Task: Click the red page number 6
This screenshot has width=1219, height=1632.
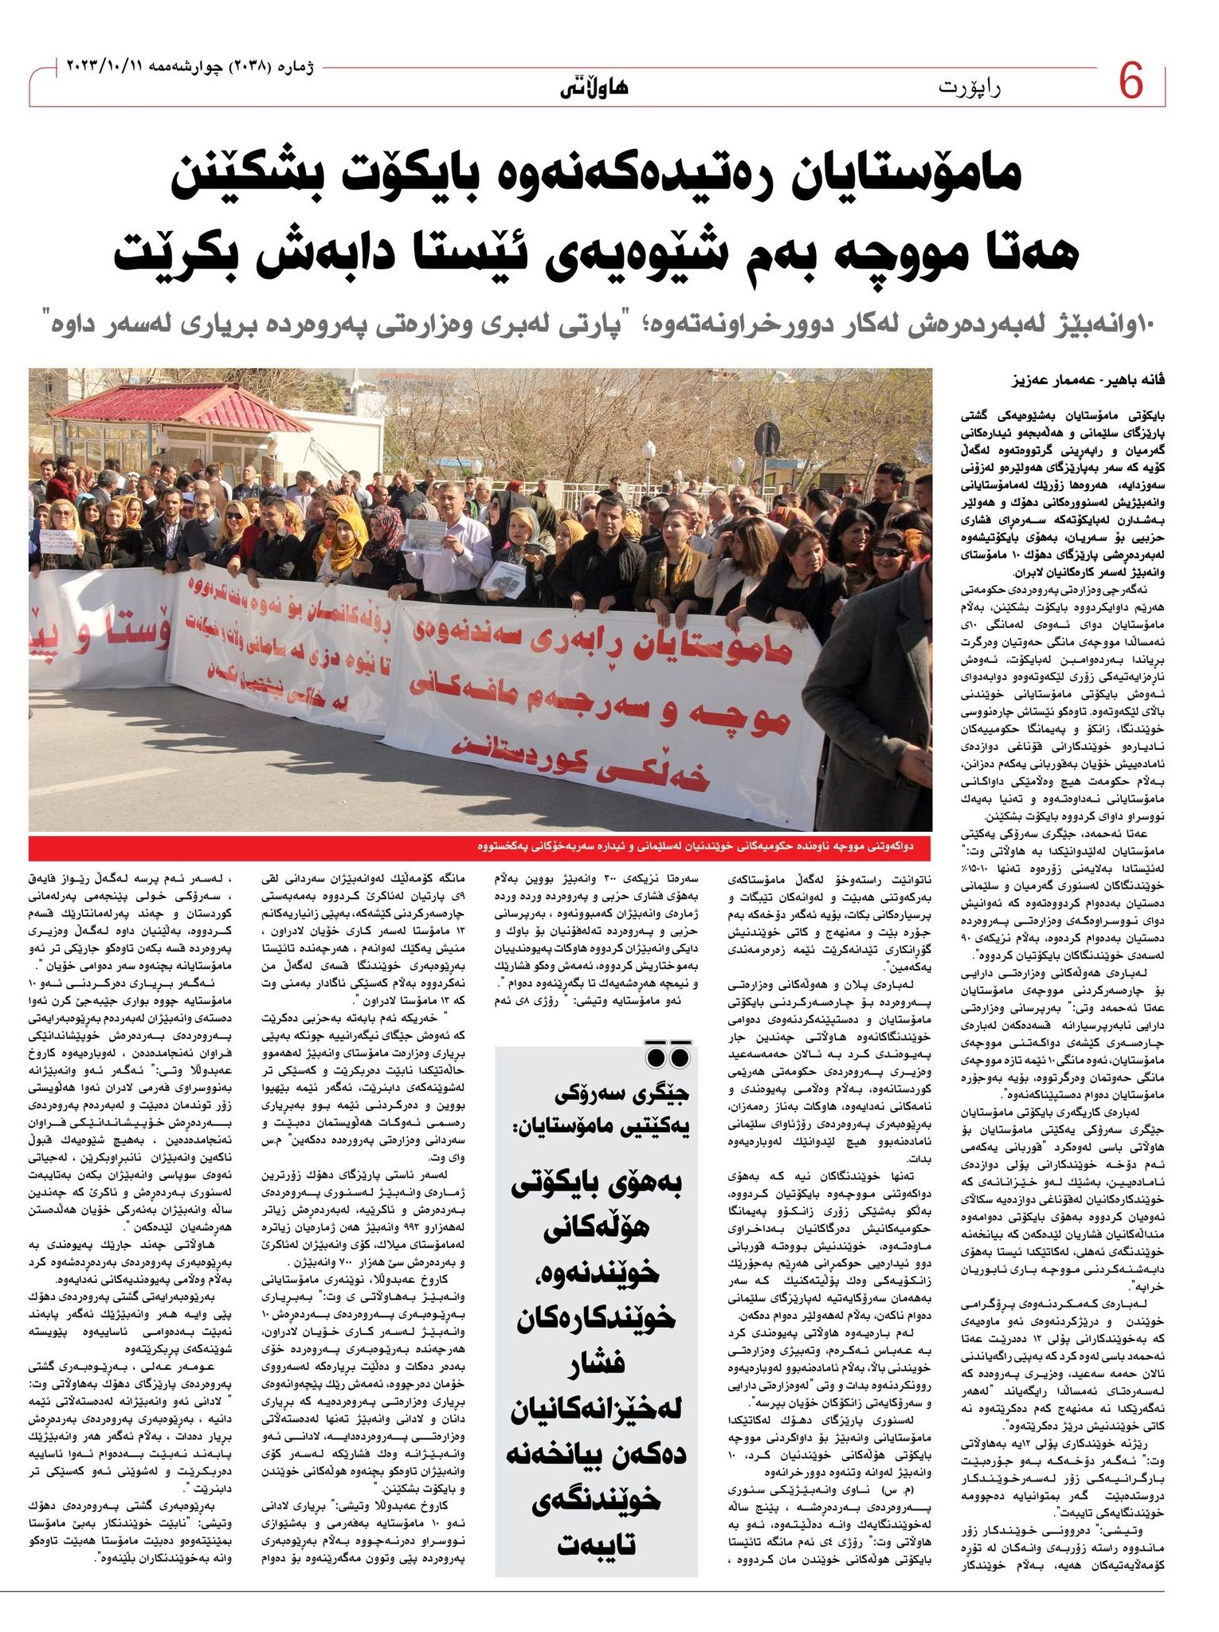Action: [1132, 83]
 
